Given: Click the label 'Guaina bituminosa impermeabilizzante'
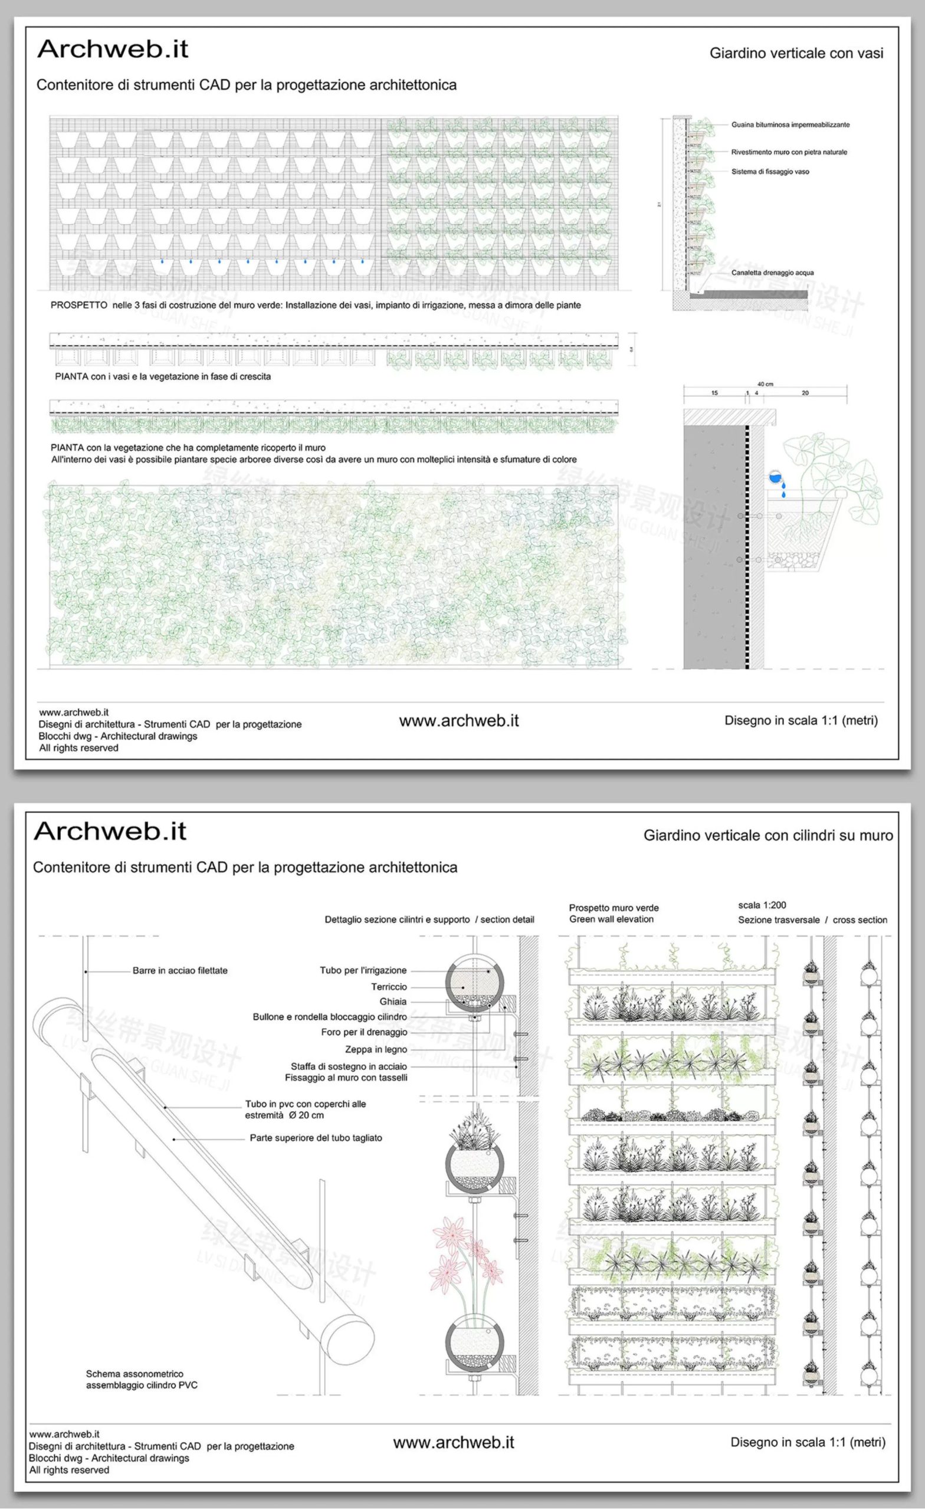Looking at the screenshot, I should pos(790,125).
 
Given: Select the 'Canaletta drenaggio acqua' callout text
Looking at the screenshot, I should pos(772,273).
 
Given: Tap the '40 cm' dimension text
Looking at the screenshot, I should pos(765,384).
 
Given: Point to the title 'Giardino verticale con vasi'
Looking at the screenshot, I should pos(796,53).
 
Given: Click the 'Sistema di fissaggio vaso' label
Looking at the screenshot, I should pos(770,172).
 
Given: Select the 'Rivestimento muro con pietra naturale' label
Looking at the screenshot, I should pos(789,152).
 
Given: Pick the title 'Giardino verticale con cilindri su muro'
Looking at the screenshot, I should pos(767,835).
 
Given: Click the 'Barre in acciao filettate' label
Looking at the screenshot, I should pos(179,971).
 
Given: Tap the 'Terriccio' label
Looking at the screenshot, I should pos(389,987).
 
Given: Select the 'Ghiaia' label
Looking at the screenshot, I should pos(393,1002).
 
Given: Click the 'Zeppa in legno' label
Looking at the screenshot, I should pos(376,1049).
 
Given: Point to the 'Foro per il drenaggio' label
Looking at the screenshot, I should pos(364,1033).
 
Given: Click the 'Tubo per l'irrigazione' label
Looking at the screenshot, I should pos(363,971).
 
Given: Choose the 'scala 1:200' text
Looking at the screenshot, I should pos(762,905).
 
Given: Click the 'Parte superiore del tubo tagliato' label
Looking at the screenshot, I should pos(316,1138).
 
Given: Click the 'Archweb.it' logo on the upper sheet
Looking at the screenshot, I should pos(113,50).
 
